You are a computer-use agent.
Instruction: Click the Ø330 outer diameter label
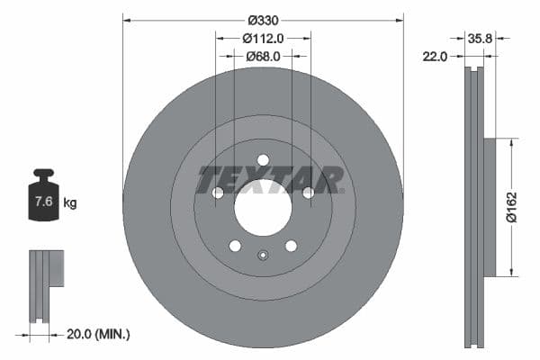pos(263,20)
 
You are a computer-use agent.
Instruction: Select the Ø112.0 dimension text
pos(263,38)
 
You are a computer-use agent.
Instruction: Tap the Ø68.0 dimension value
pos(263,56)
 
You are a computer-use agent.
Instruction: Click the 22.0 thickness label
pos(435,56)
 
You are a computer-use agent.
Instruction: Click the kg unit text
pos(70,203)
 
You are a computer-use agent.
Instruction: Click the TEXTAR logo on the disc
pos(270,179)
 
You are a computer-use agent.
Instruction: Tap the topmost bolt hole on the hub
pos(263,160)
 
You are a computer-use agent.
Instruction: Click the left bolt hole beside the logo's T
pos(218,193)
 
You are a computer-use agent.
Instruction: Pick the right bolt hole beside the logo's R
pos(308,193)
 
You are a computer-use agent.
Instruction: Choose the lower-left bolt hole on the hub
pos(235,246)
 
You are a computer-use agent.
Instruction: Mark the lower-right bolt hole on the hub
pos(291,246)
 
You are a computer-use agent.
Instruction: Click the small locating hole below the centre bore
pos(263,255)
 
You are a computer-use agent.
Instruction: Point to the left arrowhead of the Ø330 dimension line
pos(127,20)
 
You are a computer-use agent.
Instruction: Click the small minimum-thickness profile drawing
pos(45,285)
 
